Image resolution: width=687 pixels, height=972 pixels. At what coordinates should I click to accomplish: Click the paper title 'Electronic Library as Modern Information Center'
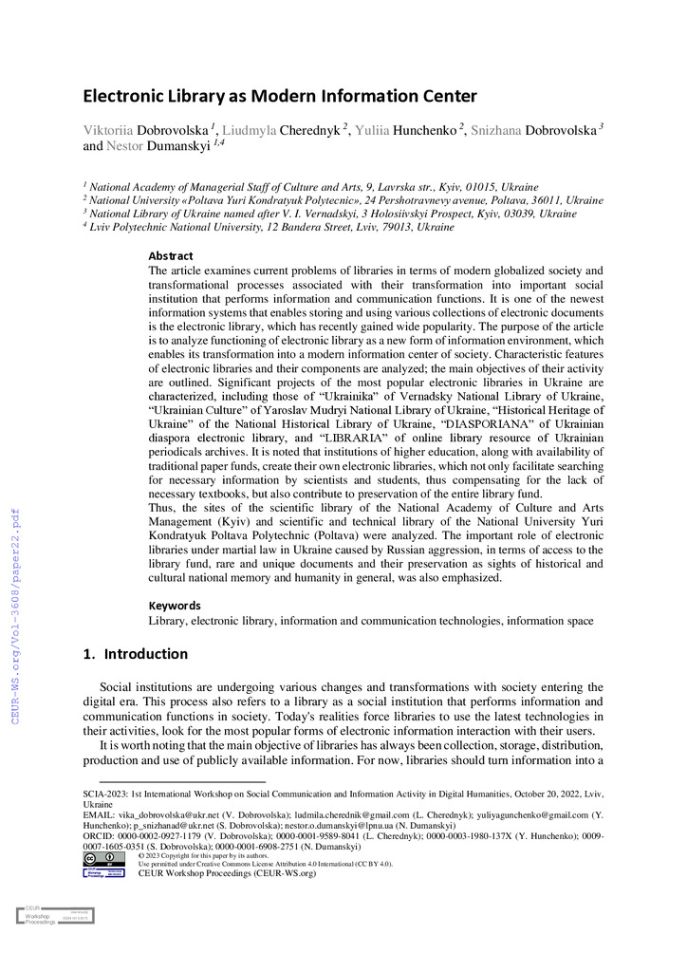(279, 96)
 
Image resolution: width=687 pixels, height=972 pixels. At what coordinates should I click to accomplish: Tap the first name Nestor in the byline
(124, 147)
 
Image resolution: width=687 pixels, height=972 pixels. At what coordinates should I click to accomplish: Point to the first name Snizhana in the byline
(494, 130)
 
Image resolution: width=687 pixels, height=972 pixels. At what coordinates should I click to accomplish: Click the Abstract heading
(171, 255)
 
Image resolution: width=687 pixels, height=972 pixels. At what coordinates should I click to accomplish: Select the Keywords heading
(175, 605)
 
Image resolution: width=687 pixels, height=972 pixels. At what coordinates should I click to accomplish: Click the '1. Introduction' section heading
(136, 654)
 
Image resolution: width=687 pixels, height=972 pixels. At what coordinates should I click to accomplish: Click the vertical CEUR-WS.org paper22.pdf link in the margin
(15, 604)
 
